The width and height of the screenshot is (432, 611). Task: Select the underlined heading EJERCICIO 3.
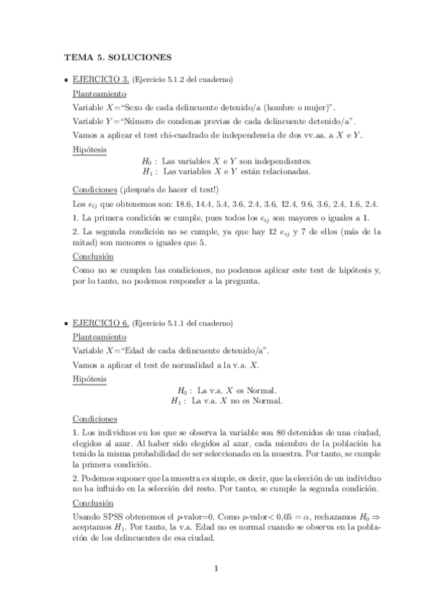(x=101, y=79)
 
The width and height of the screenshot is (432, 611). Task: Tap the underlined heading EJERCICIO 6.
(x=101, y=322)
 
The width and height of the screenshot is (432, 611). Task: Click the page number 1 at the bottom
(x=216, y=568)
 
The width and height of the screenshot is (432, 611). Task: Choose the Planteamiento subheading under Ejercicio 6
(x=100, y=336)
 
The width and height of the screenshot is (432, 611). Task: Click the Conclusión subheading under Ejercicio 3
(x=93, y=256)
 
